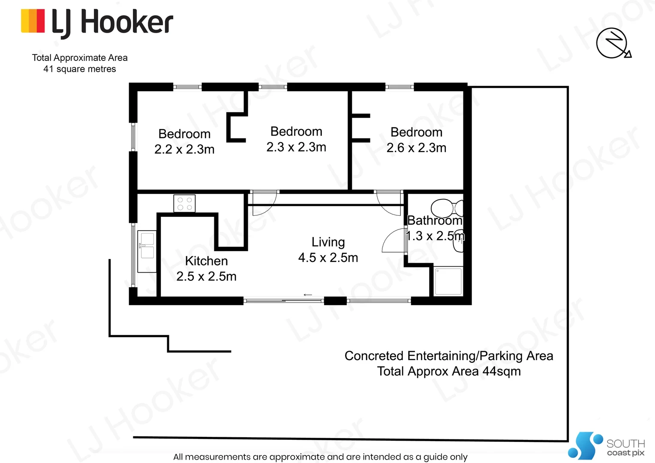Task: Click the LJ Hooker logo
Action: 97,22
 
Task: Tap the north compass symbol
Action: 613,43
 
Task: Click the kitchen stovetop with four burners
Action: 184,203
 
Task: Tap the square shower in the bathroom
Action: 448,281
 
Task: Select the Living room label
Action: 328,242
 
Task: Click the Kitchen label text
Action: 206,261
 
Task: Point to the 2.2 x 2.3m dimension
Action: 184,149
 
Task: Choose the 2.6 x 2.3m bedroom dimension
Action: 416,148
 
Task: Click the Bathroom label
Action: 435,220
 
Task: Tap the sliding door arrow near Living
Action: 307,295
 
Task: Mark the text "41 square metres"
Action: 80,69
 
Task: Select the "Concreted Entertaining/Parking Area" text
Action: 449,356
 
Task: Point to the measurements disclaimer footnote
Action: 320,457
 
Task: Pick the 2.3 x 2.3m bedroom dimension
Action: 296,147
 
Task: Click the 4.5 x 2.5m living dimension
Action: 328,258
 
